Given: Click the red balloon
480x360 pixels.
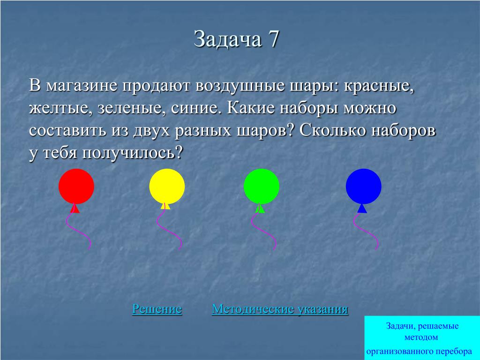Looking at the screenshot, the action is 76,186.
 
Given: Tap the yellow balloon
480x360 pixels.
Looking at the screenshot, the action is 167,186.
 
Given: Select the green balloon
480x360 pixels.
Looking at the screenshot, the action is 262,186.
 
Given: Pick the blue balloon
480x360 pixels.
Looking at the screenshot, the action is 364,186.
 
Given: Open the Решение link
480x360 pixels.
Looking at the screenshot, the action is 157,309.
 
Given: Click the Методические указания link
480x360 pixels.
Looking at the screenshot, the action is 280,309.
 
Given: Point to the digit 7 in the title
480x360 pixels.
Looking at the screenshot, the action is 274,39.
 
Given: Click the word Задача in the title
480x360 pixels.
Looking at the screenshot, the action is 228,39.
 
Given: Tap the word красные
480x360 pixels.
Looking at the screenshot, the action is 379,86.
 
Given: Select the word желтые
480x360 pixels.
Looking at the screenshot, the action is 60,109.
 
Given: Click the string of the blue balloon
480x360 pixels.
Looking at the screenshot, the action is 366,231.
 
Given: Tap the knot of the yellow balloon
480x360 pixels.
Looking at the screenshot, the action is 165,206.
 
